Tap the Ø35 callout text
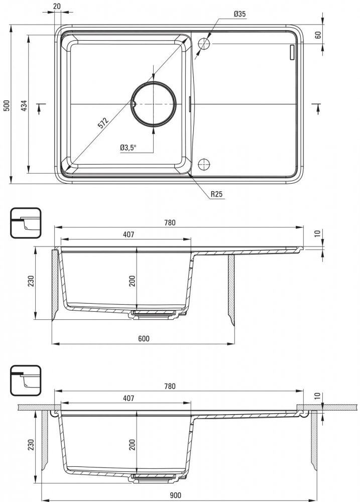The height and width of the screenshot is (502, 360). pyautogui.click(x=239, y=14)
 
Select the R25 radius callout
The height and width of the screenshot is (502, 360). pyautogui.click(x=216, y=194)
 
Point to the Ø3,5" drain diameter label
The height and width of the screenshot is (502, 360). pyautogui.click(x=129, y=148)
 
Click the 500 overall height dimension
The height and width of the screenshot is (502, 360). pyautogui.click(x=7, y=105)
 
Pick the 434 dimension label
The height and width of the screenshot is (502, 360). pyautogui.click(x=24, y=105)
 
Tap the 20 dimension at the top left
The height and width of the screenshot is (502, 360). pyautogui.click(x=57, y=6)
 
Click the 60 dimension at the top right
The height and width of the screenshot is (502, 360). pyautogui.click(x=318, y=35)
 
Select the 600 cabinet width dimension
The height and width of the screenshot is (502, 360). pyautogui.click(x=144, y=338)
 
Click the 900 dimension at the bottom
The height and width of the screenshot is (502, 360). pyautogui.click(x=175, y=495)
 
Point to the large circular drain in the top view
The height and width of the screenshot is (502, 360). pyautogui.click(x=154, y=104)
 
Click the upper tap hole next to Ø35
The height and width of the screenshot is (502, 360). pyautogui.click(x=204, y=43)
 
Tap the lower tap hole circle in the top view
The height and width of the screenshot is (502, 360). pyautogui.click(x=204, y=164)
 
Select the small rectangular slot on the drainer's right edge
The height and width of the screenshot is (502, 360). pyautogui.click(x=292, y=53)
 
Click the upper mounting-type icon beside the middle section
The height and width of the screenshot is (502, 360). pyautogui.click(x=26, y=223)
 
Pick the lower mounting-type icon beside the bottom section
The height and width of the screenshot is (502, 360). pyautogui.click(x=26, y=381)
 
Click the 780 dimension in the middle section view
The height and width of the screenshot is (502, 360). pyautogui.click(x=170, y=222)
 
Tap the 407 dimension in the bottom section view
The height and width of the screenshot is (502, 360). pyautogui.click(x=128, y=398)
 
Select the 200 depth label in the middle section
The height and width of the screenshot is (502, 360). pyautogui.click(x=132, y=281)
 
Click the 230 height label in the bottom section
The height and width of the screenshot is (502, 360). pyautogui.click(x=31, y=445)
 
